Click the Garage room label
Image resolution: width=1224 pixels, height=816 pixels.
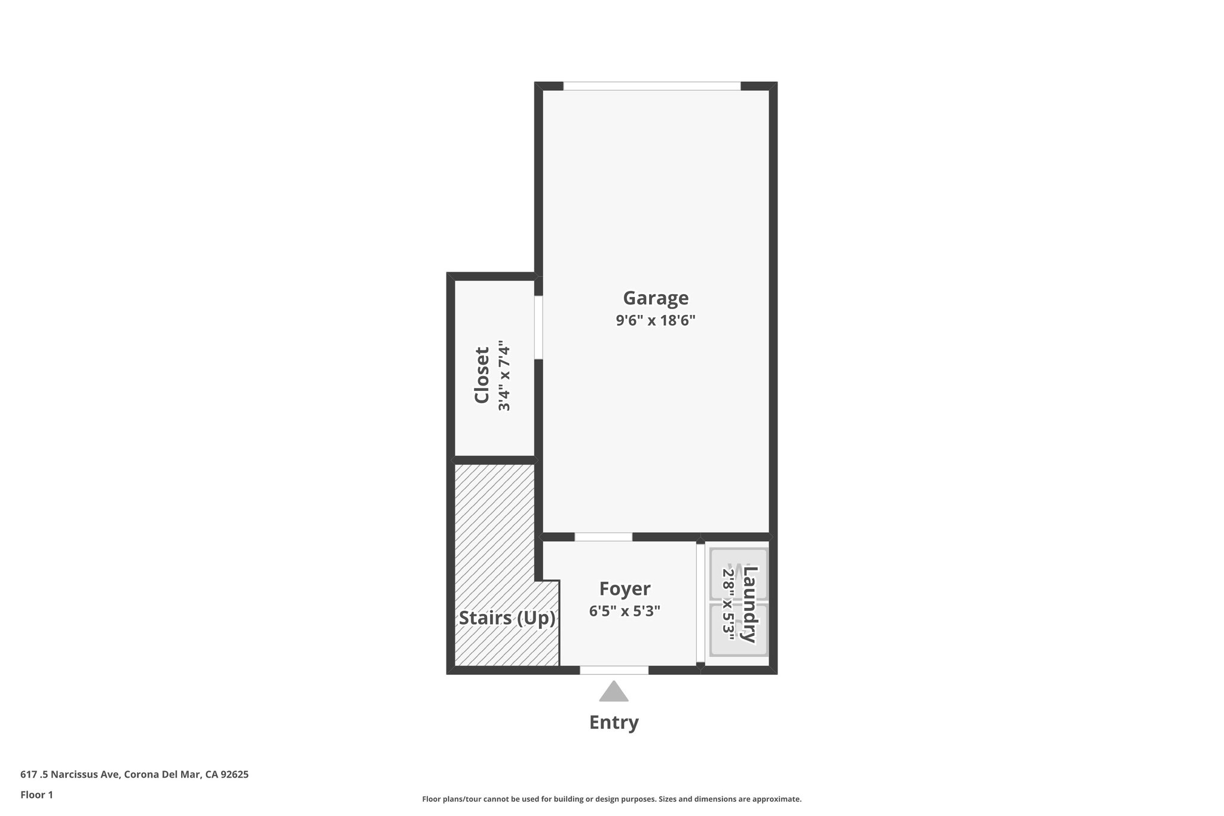(x=656, y=298)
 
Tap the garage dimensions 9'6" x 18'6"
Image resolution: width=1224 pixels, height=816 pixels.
(x=656, y=320)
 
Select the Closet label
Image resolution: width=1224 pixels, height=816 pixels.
(x=482, y=375)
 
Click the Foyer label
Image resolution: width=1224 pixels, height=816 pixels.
(x=625, y=589)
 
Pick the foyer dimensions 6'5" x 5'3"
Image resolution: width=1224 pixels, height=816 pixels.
(x=625, y=612)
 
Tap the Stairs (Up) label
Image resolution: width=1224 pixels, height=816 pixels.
(x=507, y=618)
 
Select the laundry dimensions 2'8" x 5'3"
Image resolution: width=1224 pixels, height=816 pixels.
(x=728, y=604)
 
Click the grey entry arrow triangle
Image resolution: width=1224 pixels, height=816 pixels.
(x=614, y=692)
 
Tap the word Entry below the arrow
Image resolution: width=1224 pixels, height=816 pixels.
(x=614, y=722)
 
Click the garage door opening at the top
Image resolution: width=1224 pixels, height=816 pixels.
(x=651, y=86)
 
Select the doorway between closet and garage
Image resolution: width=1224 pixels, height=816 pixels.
(x=538, y=327)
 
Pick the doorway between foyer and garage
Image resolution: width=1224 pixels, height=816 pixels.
(x=603, y=537)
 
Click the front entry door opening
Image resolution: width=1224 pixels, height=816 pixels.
(x=614, y=670)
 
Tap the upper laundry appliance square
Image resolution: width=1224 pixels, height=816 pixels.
(x=738, y=574)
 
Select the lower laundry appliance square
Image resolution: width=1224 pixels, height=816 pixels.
(x=738, y=629)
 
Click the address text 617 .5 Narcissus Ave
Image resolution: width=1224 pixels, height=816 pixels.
(x=134, y=774)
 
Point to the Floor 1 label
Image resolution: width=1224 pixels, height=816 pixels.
(x=36, y=794)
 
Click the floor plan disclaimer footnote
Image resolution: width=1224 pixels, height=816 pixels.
(x=611, y=799)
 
